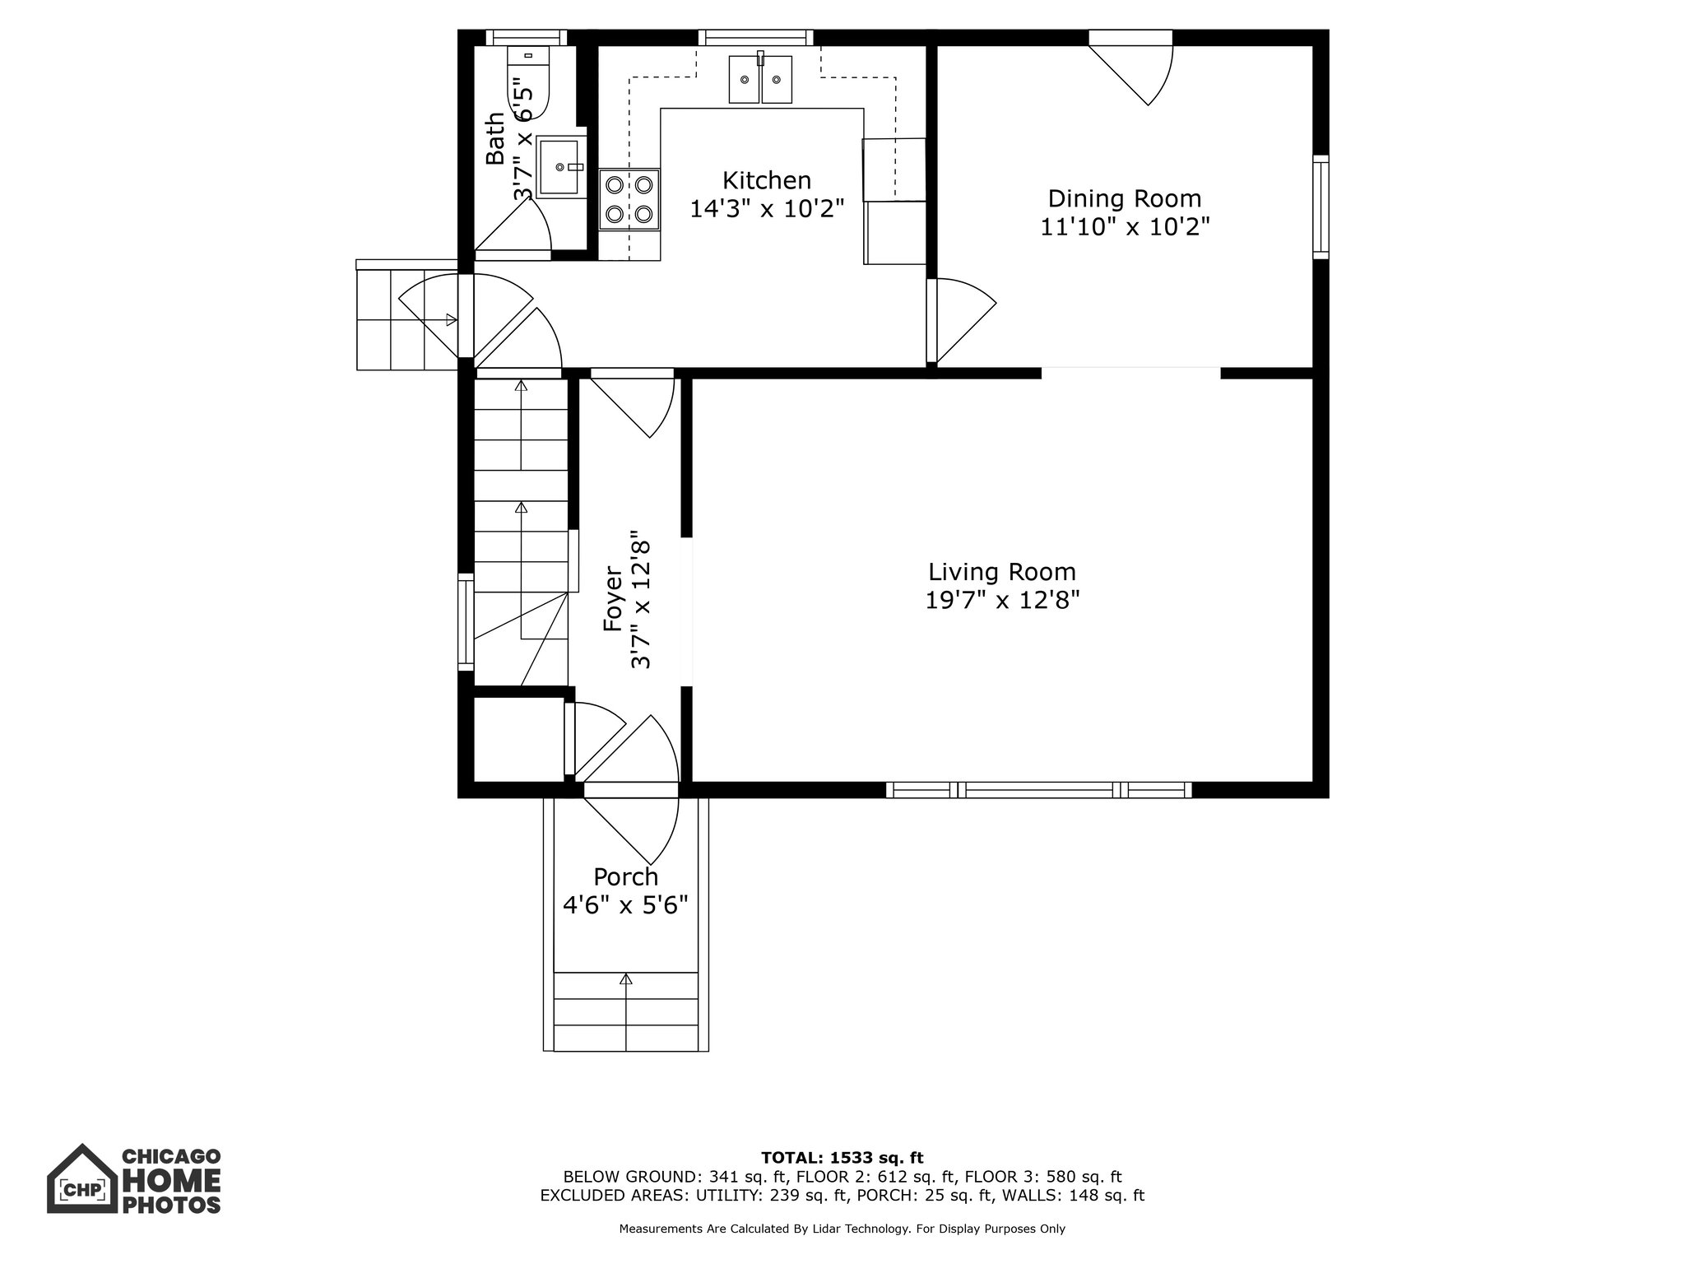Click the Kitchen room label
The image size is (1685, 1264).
pyautogui.click(x=767, y=180)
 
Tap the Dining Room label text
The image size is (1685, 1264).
pyautogui.click(x=1124, y=198)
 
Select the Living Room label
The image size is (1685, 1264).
pyautogui.click(x=1002, y=571)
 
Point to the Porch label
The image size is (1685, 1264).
pyautogui.click(x=626, y=876)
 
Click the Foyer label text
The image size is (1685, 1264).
pyautogui.click(x=613, y=598)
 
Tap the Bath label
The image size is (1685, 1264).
pyautogui.click(x=494, y=139)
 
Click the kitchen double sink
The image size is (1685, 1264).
pyautogui.click(x=760, y=79)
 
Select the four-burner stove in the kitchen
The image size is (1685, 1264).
pyautogui.click(x=629, y=200)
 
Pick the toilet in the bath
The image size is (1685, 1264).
pyautogui.click(x=527, y=92)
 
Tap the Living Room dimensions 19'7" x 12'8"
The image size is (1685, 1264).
pyautogui.click(x=1002, y=600)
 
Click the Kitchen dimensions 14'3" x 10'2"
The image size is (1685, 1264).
pyautogui.click(x=767, y=208)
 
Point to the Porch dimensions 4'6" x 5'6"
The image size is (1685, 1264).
pyautogui.click(x=625, y=905)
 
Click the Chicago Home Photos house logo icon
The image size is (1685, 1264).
pyautogui.click(x=81, y=1178)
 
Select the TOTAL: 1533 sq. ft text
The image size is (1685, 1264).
pyautogui.click(x=842, y=1158)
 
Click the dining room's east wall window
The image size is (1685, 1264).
pyautogui.click(x=1321, y=207)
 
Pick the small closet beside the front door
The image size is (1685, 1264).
pyautogui.click(x=518, y=737)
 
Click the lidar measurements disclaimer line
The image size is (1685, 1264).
pyautogui.click(x=842, y=1229)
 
